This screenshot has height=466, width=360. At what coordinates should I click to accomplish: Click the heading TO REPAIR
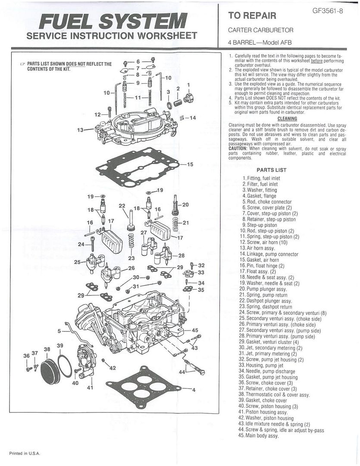point(252,16)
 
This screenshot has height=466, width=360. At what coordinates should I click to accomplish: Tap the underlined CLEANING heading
point(287,118)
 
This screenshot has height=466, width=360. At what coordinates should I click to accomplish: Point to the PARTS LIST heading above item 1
point(271,170)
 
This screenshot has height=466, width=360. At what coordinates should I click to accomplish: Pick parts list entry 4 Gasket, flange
point(259,196)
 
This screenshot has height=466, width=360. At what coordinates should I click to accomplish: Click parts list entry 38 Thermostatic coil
point(273,395)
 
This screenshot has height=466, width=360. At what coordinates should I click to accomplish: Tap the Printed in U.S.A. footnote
point(25,453)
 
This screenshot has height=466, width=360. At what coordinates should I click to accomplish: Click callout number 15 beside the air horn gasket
point(190,164)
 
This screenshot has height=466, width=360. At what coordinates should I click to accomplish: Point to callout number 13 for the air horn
point(80,129)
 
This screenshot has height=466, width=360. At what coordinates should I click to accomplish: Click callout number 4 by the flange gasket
point(194,390)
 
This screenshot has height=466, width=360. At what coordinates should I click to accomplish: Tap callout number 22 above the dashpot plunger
point(122,206)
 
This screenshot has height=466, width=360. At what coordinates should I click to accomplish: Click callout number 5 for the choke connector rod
point(59,331)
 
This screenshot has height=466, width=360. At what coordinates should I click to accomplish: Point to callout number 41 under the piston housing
point(90,388)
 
